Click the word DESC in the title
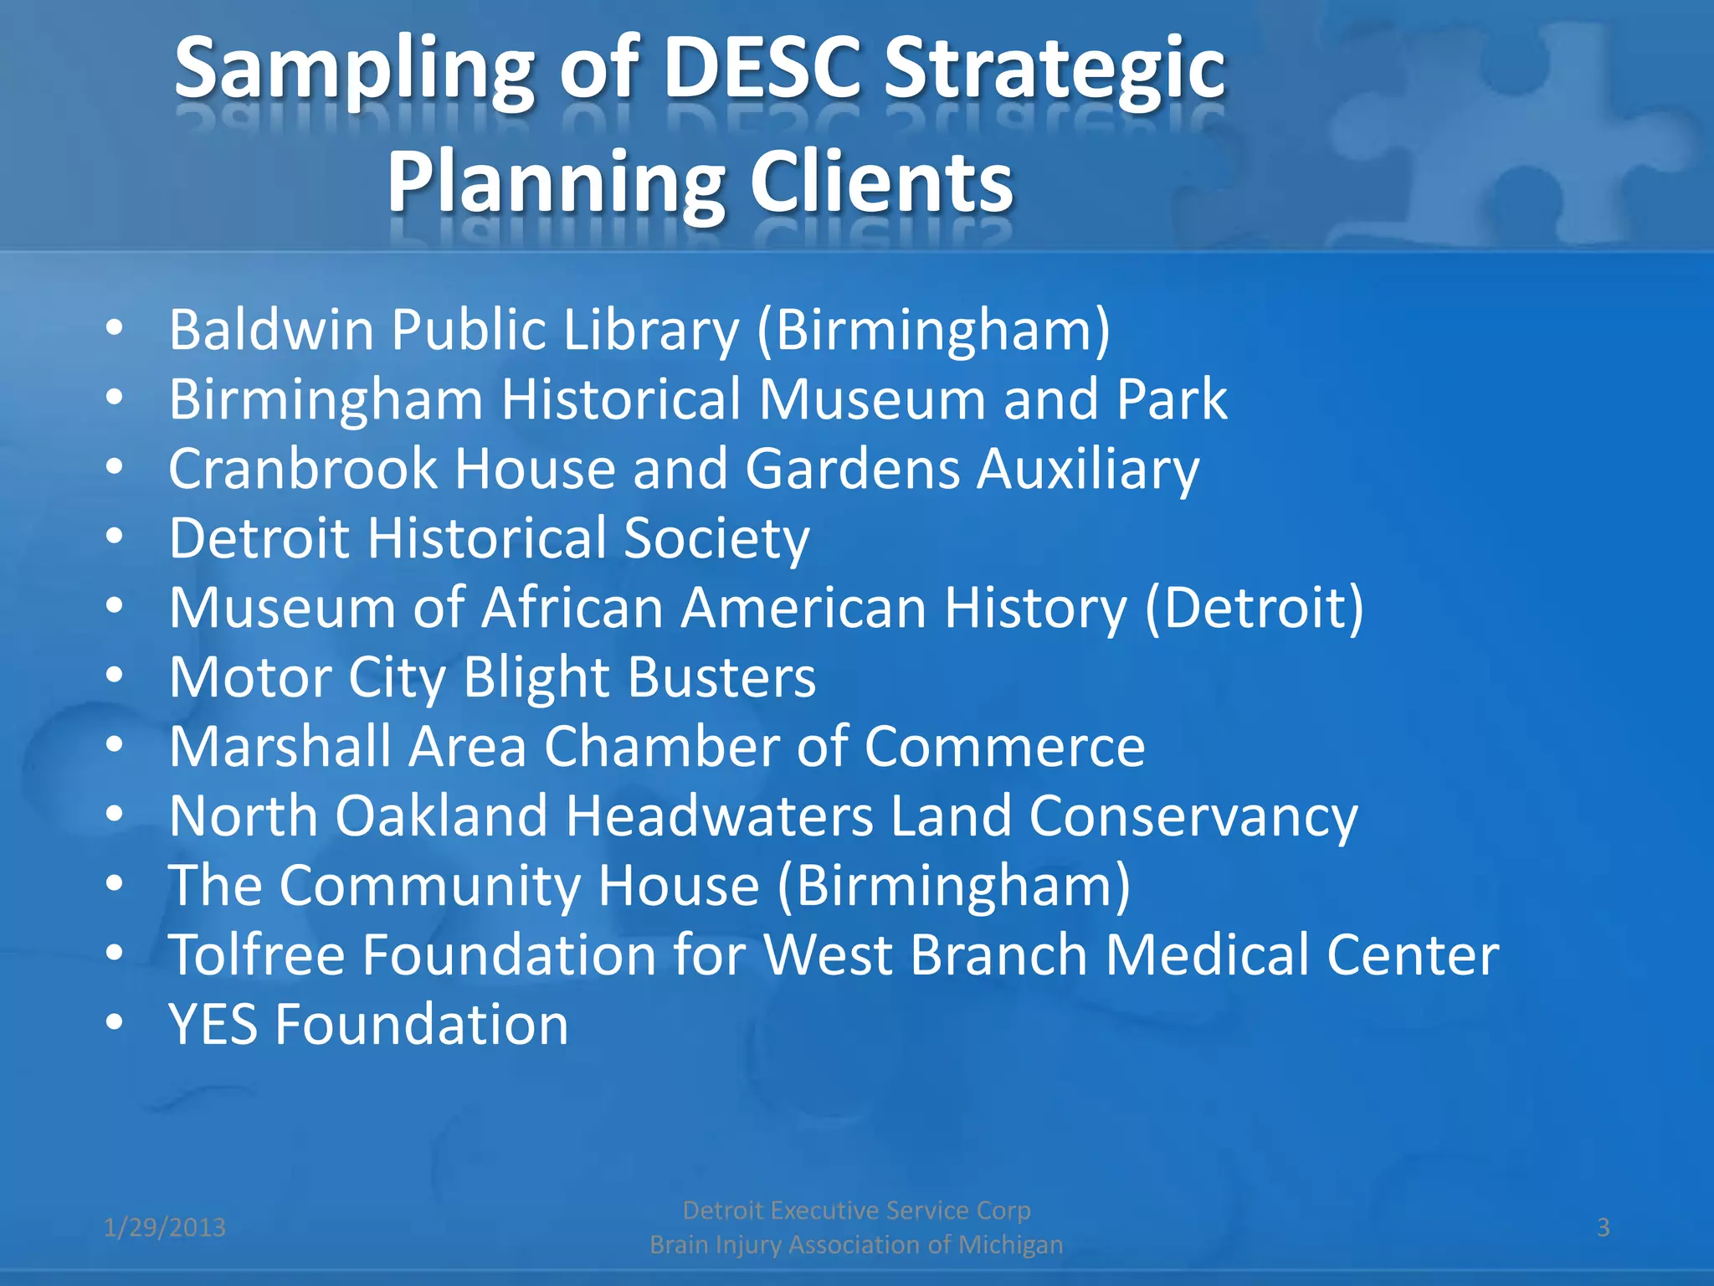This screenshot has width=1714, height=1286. (x=762, y=69)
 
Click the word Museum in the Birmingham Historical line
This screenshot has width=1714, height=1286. (x=871, y=399)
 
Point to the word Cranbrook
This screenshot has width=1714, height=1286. (x=302, y=468)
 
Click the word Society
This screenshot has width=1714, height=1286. (x=716, y=538)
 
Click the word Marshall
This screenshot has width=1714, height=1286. (x=280, y=746)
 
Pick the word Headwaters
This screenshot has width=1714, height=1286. (x=719, y=815)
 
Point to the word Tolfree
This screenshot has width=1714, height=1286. (x=256, y=954)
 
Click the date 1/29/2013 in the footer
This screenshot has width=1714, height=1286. (x=165, y=1227)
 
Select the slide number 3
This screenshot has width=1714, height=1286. (x=1603, y=1227)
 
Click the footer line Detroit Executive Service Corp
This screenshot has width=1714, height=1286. (x=856, y=1211)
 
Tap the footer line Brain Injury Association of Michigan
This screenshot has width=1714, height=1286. (x=856, y=1245)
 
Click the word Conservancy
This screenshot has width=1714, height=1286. (x=1193, y=815)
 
